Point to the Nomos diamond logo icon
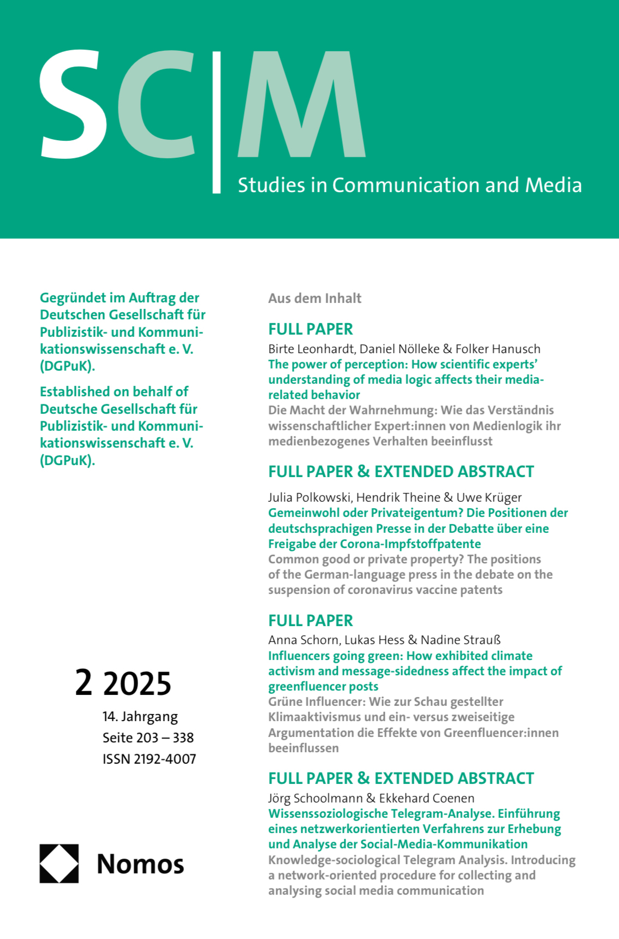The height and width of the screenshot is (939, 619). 59,864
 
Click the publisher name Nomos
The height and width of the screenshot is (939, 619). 140,864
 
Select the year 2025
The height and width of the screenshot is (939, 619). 137,684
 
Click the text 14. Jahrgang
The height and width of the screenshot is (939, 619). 140,716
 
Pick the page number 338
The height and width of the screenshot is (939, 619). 183,738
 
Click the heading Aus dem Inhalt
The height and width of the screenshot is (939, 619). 315,298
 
